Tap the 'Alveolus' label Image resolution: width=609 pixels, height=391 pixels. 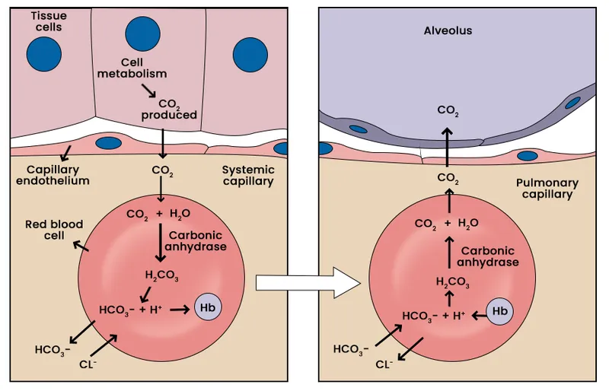(x=448, y=30)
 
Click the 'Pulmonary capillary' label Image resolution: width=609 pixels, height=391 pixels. (x=547, y=189)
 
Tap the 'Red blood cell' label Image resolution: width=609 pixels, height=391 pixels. (x=49, y=230)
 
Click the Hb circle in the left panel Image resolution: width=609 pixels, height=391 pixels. (x=207, y=308)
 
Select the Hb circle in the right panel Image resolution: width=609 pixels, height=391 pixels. (x=499, y=311)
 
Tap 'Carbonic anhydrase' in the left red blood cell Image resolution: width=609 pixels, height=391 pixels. (x=197, y=241)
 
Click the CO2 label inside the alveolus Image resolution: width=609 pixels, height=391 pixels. (x=448, y=111)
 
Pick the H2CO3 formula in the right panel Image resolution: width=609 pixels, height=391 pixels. (x=453, y=282)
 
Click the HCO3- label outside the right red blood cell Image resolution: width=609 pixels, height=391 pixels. (x=351, y=350)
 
